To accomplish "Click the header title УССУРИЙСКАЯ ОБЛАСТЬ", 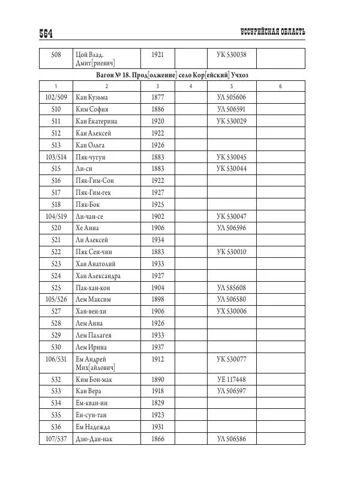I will [x=272, y=31].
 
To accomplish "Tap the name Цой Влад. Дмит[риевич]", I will [x=95, y=59].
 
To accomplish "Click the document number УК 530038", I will [x=235, y=55].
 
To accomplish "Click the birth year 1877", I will [x=158, y=97].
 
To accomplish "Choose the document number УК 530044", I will [x=235, y=168].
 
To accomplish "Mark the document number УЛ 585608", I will [x=235, y=287].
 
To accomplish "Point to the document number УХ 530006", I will [x=235, y=311].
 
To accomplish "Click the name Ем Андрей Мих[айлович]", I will [x=95, y=363].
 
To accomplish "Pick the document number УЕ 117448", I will [x=235, y=379].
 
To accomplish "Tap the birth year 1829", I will [x=158, y=403].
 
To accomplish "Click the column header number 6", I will [x=280, y=86].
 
